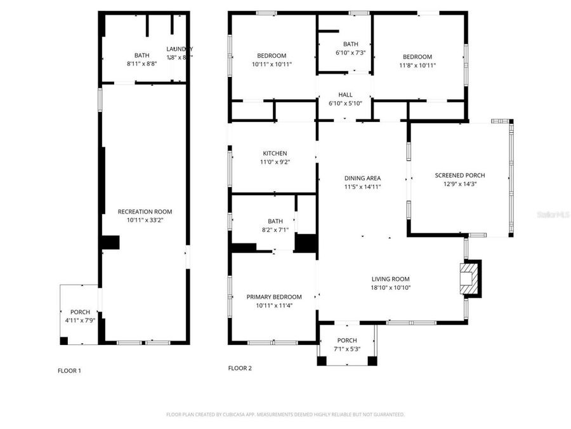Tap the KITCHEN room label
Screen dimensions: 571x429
pos(275,153)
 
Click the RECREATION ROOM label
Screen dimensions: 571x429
pos(145,212)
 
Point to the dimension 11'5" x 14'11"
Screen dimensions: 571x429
pos(362,187)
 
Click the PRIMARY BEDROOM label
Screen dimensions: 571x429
pos(274,297)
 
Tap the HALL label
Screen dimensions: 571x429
pos(345,95)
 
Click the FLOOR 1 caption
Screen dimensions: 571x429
pos(69,371)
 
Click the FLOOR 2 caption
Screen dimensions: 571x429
pos(240,368)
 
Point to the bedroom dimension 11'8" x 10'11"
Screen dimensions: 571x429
pos(417,65)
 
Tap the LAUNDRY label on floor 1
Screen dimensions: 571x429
pos(180,49)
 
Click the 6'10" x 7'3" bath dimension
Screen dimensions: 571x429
pos(350,52)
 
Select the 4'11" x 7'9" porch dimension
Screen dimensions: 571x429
pos(80,320)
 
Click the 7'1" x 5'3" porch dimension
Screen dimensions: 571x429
pos(347,349)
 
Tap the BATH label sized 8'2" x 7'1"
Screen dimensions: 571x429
pos(275,221)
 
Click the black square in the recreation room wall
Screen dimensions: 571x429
pos(111,242)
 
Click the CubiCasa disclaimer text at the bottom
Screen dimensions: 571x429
pos(285,414)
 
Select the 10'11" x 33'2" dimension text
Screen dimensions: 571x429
pos(145,220)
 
